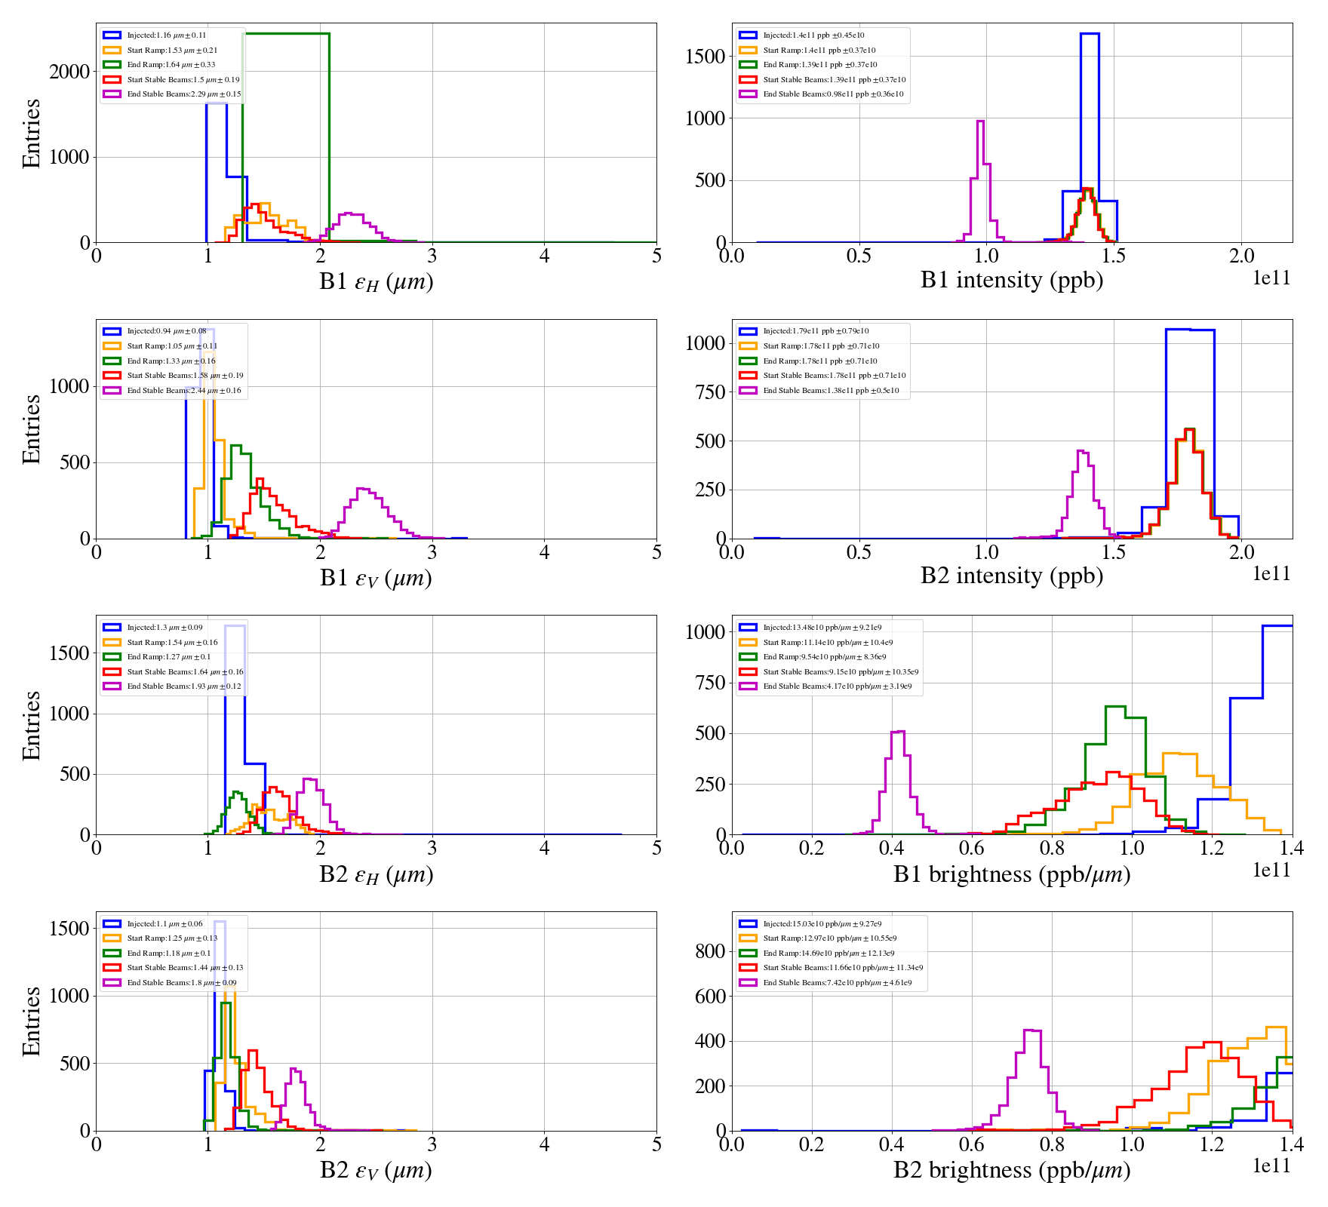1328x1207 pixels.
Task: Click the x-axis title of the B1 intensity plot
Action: click(1011, 280)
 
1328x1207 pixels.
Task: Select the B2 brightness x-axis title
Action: click(1011, 1170)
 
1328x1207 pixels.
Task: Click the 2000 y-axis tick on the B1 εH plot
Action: click(69, 72)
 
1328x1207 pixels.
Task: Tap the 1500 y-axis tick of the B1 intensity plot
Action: click(705, 57)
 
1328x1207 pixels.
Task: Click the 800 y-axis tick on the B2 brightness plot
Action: click(710, 951)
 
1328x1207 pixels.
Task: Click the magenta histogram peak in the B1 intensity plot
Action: click(980, 122)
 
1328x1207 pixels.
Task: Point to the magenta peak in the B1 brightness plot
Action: click(898, 732)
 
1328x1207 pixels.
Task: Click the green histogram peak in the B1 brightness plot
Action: click(1115, 708)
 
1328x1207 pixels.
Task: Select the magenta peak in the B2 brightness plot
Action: click(1031, 1031)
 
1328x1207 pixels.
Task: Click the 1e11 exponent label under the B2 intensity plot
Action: click(1271, 574)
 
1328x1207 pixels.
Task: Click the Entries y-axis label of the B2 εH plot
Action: click(31, 725)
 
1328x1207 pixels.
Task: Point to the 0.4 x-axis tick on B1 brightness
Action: click(892, 848)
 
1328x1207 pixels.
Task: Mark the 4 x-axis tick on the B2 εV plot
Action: click(544, 1144)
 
